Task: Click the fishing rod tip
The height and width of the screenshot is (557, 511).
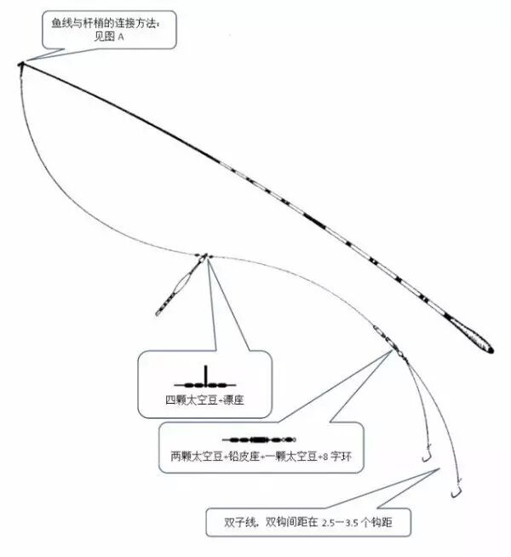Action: [x=19, y=65]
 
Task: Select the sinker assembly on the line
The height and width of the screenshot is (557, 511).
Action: [x=385, y=337]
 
